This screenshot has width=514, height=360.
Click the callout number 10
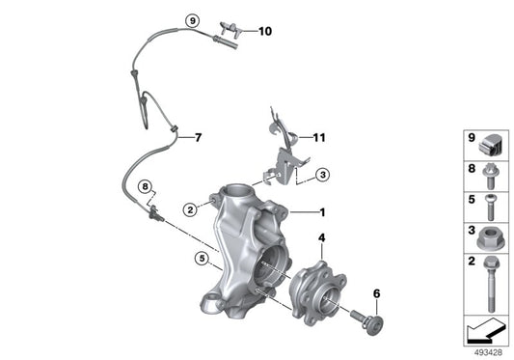(264, 31)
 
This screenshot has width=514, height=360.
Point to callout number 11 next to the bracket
(319, 137)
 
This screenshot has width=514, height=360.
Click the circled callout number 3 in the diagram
(323, 174)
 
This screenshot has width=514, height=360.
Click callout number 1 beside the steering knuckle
(324, 211)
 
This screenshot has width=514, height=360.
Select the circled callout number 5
(202, 258)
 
